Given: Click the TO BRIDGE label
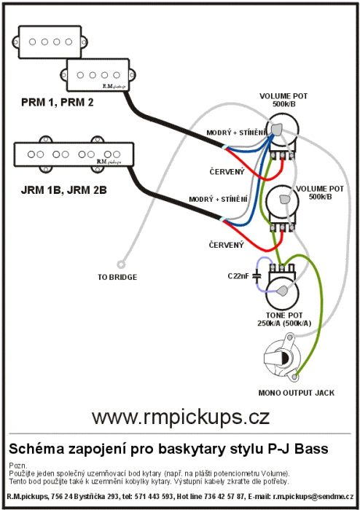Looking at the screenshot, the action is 117,277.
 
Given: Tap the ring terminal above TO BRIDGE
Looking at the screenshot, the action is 121,264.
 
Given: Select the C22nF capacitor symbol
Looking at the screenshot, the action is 257,276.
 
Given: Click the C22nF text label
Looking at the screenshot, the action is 238,276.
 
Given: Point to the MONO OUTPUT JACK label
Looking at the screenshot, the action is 297,393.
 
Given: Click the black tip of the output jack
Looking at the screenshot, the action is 285,358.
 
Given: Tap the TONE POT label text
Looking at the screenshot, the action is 284,315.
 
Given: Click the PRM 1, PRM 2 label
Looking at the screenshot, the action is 58,103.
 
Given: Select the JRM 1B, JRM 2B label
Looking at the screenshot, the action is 63,190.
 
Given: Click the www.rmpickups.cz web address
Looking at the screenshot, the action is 181,417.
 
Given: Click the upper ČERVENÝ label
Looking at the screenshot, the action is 227,171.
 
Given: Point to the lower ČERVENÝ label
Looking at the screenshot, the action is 227,245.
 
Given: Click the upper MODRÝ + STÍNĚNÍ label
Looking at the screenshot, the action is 237,133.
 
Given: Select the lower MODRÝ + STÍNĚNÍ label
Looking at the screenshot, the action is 218,199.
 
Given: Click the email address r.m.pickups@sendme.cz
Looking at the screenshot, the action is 313,497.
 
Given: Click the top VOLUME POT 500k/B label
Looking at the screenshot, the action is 283,100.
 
